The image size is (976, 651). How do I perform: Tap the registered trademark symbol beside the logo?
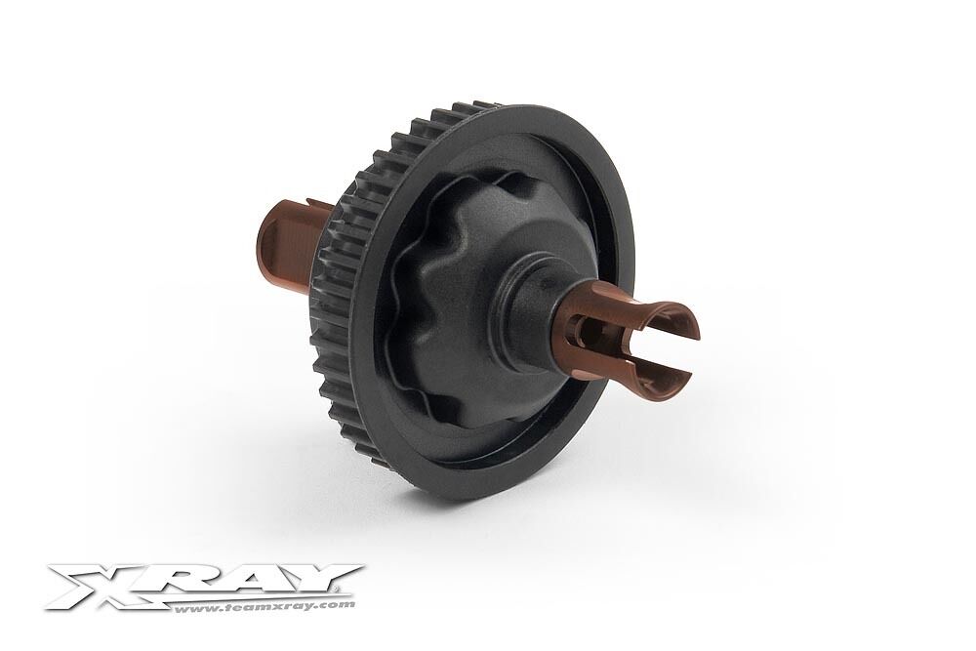pyautogui.click(x=340, y=589)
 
